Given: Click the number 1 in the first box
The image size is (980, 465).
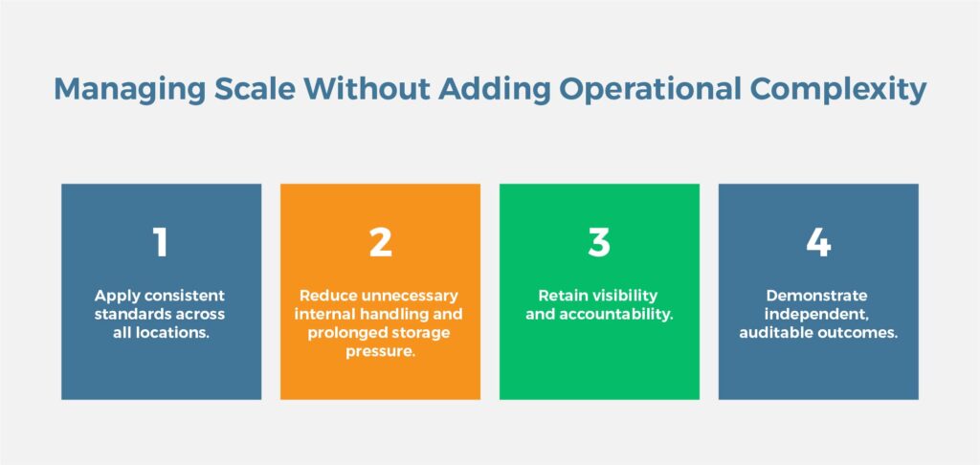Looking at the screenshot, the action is pos(161,242).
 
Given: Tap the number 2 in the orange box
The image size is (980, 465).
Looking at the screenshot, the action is pos(380,242).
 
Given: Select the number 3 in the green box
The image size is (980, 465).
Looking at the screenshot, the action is pos(599,242).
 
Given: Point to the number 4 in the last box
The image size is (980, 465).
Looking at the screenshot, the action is pos(819,242).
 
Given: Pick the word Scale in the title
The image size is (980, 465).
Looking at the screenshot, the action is pos(255,89).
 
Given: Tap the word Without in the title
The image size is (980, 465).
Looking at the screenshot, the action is pos(367,89).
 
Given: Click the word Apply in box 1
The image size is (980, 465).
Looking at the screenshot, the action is pos(113,296).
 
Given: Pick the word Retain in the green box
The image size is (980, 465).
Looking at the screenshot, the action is pos(560,295).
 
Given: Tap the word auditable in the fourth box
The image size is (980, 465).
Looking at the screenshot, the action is pos(776,333).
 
